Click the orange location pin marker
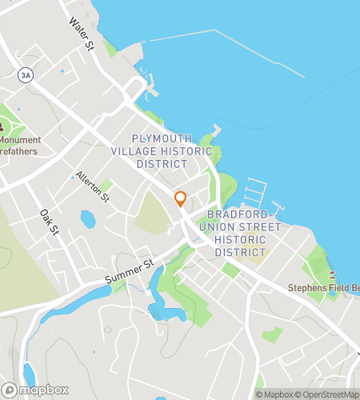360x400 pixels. (x=181, y=199)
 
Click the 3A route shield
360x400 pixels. (x=26, y=74)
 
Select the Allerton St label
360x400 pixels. (x=92, y=186)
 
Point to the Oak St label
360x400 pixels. (x=50, y=222)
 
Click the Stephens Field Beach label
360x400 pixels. (x=323, y=287)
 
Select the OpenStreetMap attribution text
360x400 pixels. (x=329, y=394)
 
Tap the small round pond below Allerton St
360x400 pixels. (x=87, y=218)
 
